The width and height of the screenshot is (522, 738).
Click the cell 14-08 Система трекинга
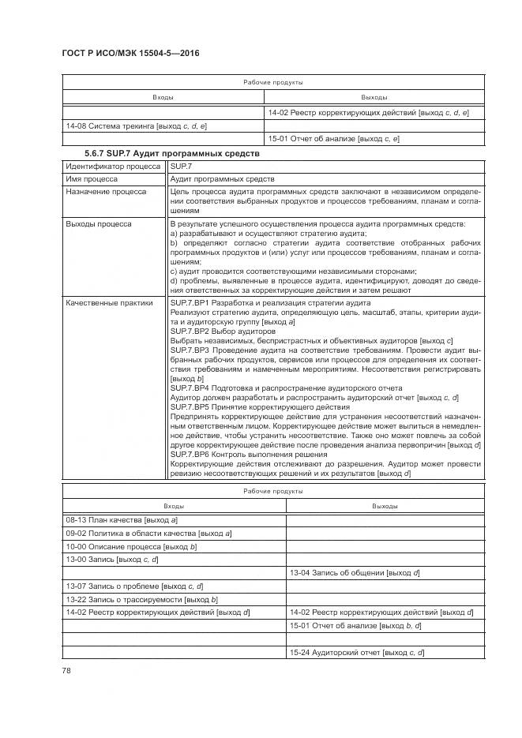click(x=135, y=125)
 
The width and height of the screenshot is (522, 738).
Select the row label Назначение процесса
click(x=106, y=192)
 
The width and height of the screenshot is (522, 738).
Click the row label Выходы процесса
click(x=99, y=224)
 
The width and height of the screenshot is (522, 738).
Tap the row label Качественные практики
click(x=109, y=302)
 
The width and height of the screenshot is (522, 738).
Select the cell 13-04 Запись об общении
click(x=355, y=572)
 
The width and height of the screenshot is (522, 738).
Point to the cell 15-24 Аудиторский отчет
click(x=358, y=652)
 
